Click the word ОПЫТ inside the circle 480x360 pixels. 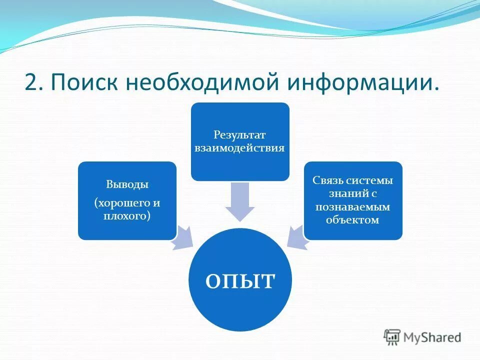click(x=240, y=280)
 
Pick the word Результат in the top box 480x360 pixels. click(x=240, y=135)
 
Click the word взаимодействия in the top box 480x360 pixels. click(x=240, y=148)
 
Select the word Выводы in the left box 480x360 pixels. click(x=127, y=184)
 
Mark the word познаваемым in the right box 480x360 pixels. click(x=353, y=206)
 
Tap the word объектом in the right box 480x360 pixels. click(x=353, y=219)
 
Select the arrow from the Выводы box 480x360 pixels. click(x=183, y=237)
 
